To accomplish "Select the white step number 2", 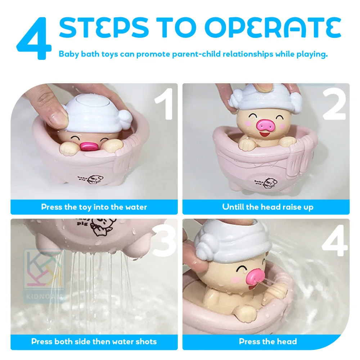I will [x=334, y=105].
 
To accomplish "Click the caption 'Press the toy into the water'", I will [x=94, y=207].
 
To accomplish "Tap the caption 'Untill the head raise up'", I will [x=267, y=207].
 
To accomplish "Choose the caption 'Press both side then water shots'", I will [x=94, y=341].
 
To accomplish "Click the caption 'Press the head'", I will [x=267, y=341].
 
